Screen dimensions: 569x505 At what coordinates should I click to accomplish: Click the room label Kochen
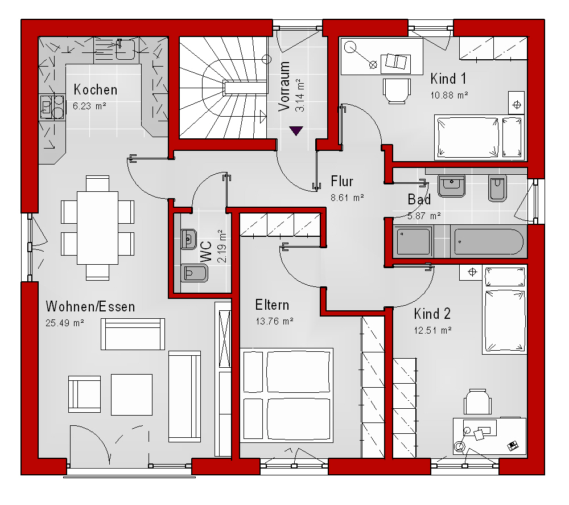tap(96, 90)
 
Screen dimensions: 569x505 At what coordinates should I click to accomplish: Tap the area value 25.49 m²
tap(65, 323)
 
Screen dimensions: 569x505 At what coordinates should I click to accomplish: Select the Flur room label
tap(342, 181)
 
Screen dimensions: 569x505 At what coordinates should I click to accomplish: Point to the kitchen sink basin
tap(125, 50)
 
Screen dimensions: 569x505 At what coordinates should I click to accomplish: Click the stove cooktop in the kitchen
tap(52, 106)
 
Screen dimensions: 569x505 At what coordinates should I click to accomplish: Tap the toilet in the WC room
tap(194, 273)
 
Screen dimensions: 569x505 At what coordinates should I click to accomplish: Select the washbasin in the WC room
tap(188, 239)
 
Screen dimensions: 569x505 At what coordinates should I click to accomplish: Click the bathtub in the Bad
tap(488, 242)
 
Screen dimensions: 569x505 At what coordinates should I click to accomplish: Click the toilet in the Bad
tap(497, 188)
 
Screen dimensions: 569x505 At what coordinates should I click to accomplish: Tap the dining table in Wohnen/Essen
tap(97, 228)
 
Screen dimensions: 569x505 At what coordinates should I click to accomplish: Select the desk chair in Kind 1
tap(397, 91)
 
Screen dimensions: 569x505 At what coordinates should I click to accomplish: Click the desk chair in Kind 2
tap(477, 401)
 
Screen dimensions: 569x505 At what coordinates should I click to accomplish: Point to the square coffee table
tap(131, 395)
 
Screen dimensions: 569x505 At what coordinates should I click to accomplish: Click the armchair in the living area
tap(85, 395)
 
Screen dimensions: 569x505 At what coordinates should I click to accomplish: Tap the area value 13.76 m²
tap(275, 321)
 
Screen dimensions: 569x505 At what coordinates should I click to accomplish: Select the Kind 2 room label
tap(432, 314)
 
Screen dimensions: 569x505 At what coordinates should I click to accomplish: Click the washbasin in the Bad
tap(451, 186)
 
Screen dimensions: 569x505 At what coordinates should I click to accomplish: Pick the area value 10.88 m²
tap(450, 95)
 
